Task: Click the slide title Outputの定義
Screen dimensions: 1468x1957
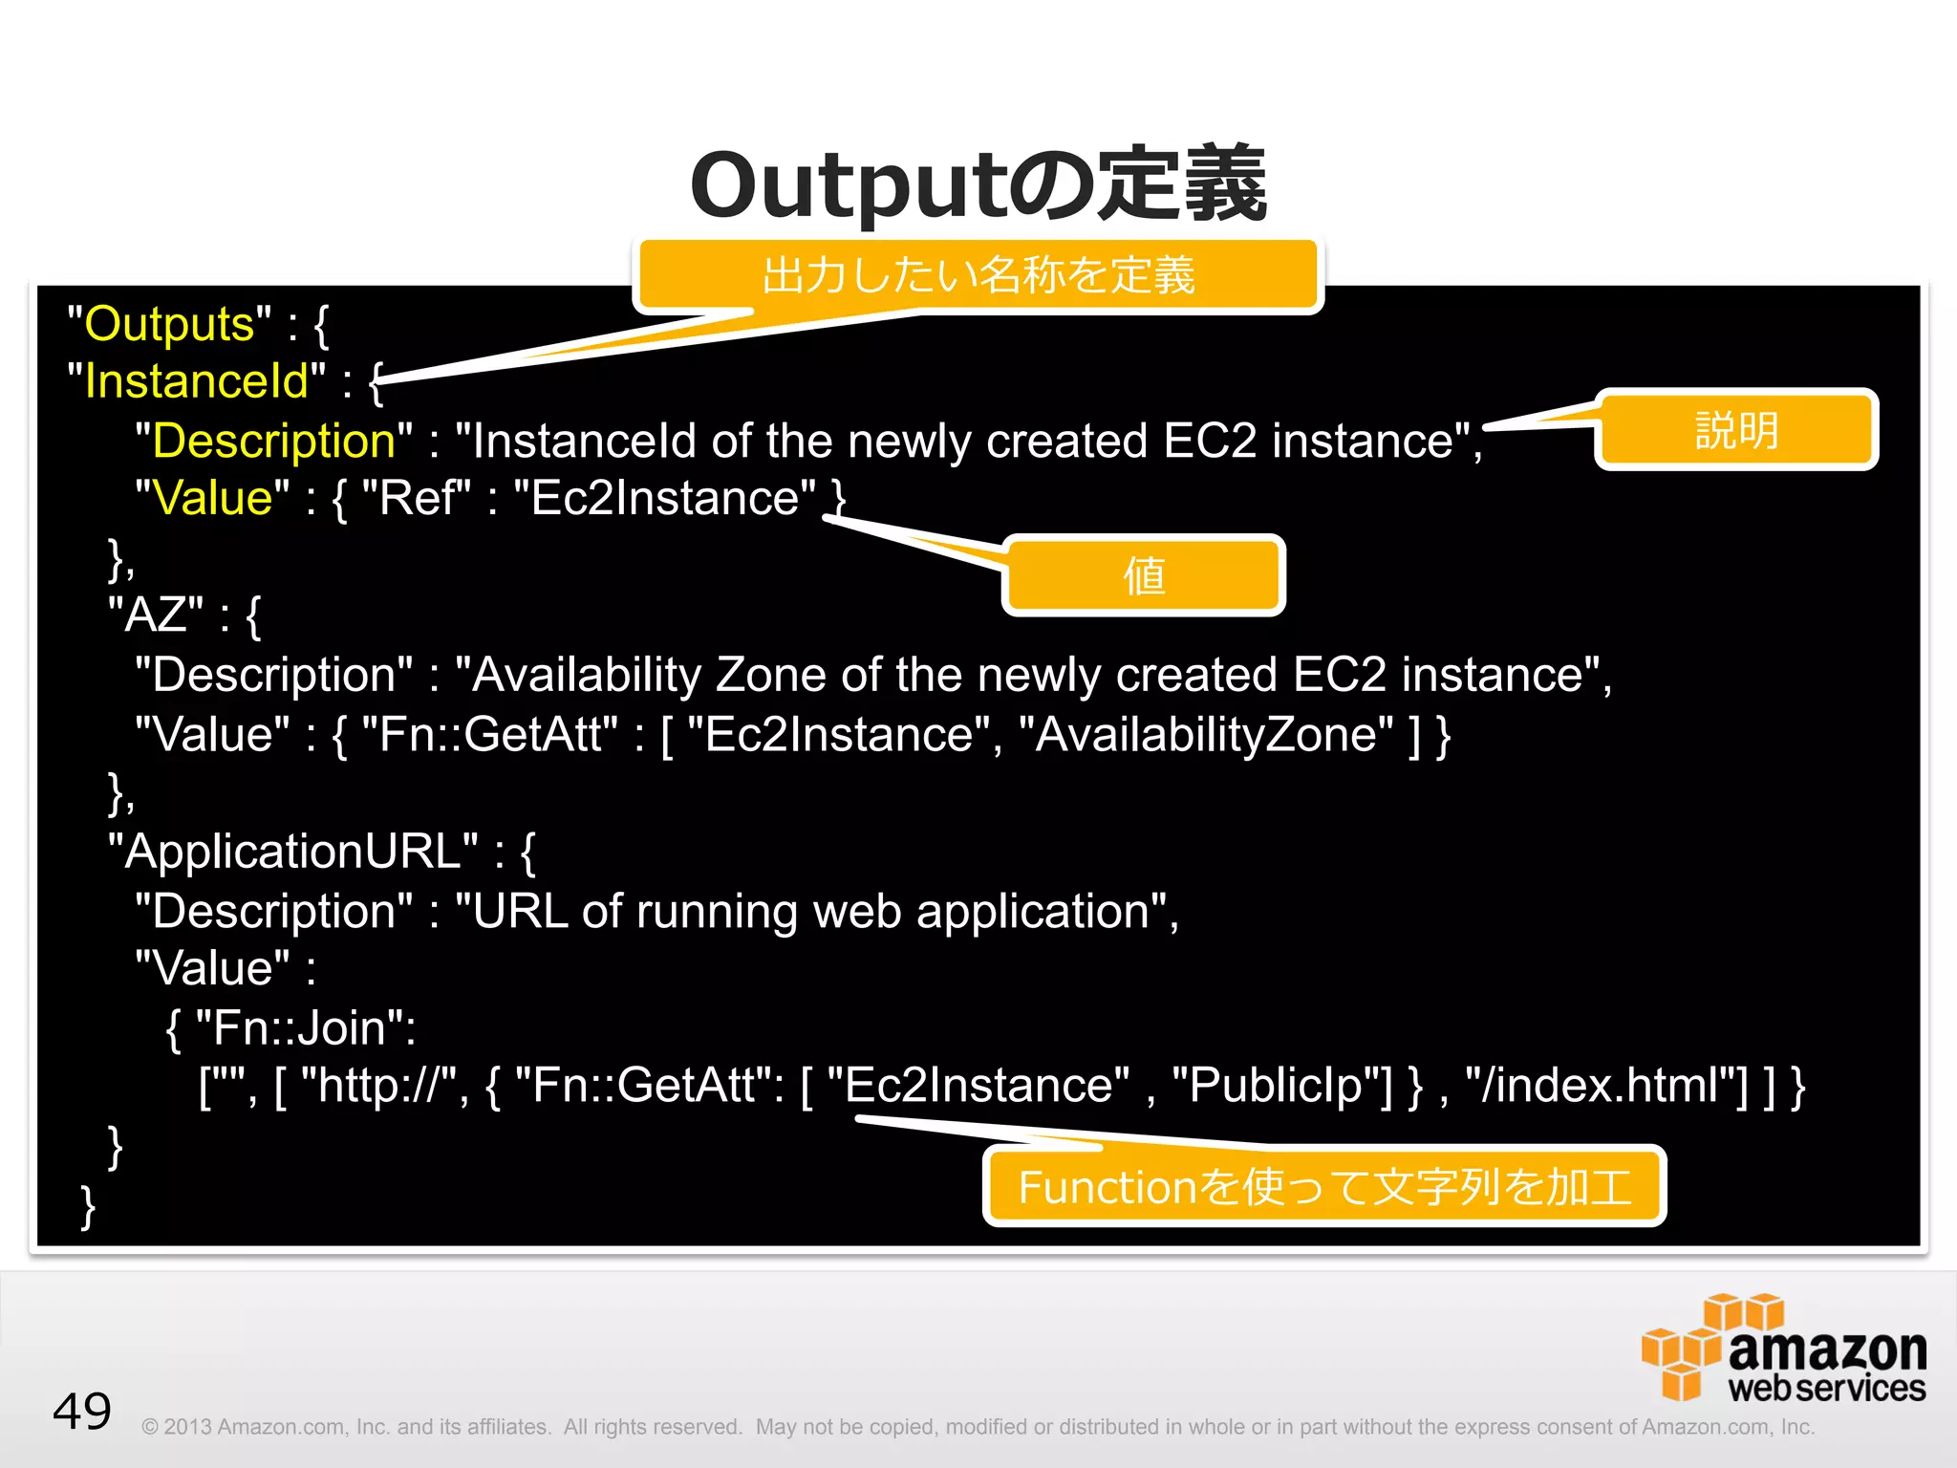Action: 978,184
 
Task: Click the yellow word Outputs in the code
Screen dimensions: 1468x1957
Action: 169,324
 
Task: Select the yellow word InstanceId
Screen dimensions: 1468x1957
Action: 196,381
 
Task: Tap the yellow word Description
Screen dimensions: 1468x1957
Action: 273,441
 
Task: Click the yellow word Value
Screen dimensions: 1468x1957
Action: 212,498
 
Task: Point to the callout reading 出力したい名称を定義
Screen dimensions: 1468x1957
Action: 978,275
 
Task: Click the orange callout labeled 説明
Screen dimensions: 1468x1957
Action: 1735,430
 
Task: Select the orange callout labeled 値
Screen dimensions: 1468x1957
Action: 1143,575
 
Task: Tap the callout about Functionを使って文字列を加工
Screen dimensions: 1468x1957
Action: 1323,1186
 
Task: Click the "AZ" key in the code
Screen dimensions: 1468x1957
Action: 155,615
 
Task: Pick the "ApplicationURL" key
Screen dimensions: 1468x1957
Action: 292,852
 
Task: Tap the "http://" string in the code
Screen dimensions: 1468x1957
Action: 379,1086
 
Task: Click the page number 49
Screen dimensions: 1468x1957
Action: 82,1411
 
